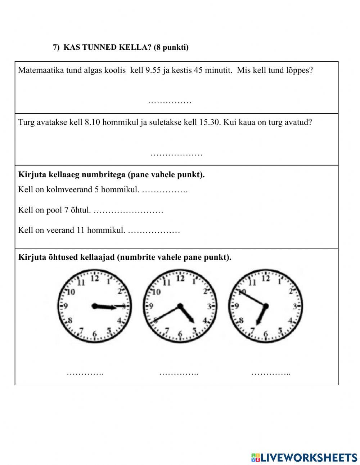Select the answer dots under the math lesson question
pyautogui.click(x=170, y=102)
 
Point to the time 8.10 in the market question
pyautogui.click(x=92, y=122)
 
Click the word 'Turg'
pyautogui.click(x=26, y=122)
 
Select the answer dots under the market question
pyautogui.click(x=176, y=155)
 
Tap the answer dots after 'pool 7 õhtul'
pyautogui.click(x=128, y=210)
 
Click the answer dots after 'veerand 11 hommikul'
pyautogui.click(x=154, y=230)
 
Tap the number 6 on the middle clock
pyautogui.click(x=180, y=334)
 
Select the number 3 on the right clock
pyautogui.click(x=295, y=307)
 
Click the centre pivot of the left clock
pyautogui.click(x=95, y=307)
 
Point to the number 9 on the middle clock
pyautogui.click(x=151, y=307)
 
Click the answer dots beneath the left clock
pyautogui.click(x=85, y=373)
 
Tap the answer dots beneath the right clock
pyautogui.click(x=271, y=373)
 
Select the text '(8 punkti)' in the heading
pyautogui.click(x=171, y=47)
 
